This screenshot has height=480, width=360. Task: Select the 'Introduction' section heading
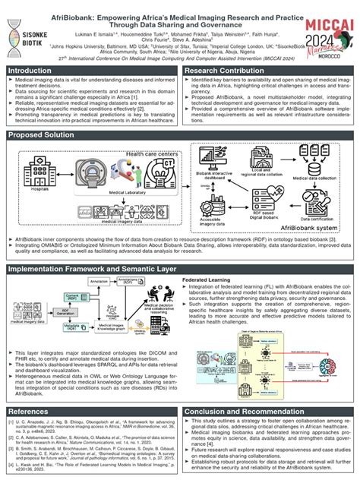[x=36, y=71]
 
